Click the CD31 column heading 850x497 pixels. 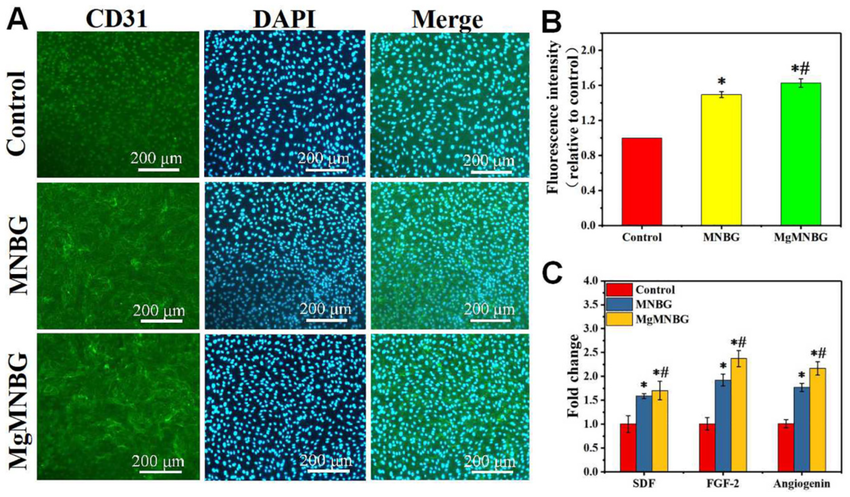coord(116,18)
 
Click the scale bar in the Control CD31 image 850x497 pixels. coord(159,170)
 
